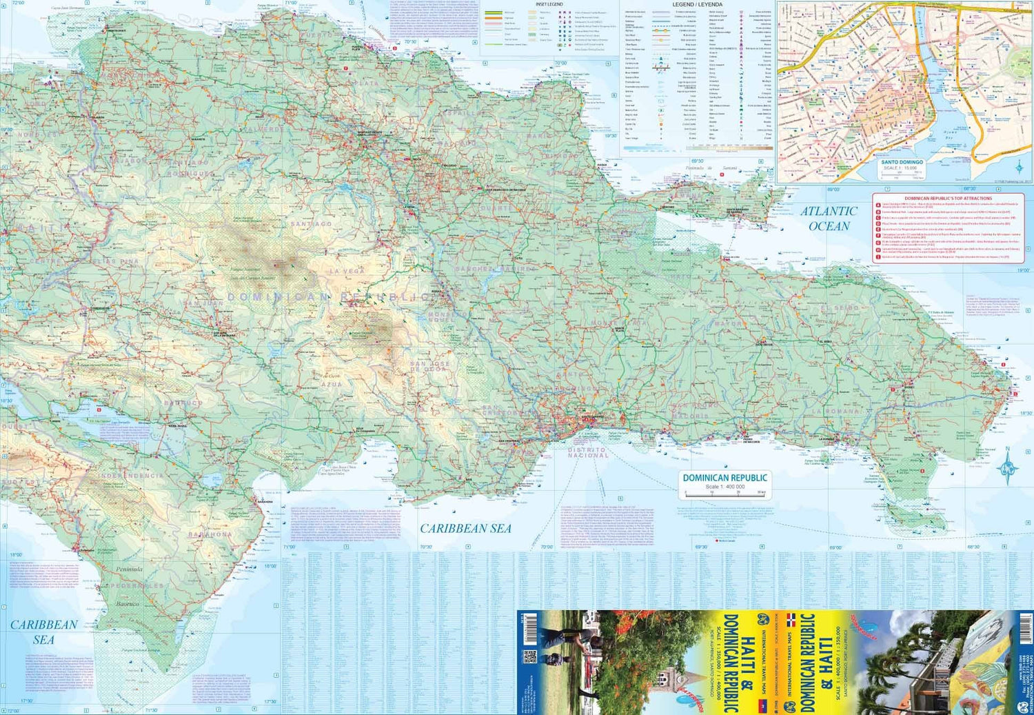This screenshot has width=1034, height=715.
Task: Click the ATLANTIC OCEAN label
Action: click(x=829, y=219)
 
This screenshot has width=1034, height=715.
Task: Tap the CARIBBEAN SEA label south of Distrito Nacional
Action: click(x=465, y=528)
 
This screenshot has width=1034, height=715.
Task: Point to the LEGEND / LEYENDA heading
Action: click(x=697, y=5)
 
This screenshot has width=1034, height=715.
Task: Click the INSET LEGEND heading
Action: click(x=549, y=5)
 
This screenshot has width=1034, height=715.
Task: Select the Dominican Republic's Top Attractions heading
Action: click(x=948, y=199)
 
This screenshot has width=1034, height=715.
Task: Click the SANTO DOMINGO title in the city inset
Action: click(x=902, y=162)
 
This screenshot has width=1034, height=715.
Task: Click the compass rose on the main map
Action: click(x=1008, y=468)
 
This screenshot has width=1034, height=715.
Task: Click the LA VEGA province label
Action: click(x=347, y=272)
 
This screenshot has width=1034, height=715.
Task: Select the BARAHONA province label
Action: click(x=211, y=534)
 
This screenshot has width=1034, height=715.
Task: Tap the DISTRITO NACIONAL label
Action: click(x=587, y=452)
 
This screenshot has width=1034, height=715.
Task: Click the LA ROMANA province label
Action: click(x=835, y=412)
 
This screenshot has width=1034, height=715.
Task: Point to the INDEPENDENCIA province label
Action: click(x=131, y=476)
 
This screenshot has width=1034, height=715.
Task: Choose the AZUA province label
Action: click(x=332, y=384)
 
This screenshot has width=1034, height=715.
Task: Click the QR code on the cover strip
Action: click(x=529, y=656)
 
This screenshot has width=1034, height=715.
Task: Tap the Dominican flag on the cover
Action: click(x=791, y=620)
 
